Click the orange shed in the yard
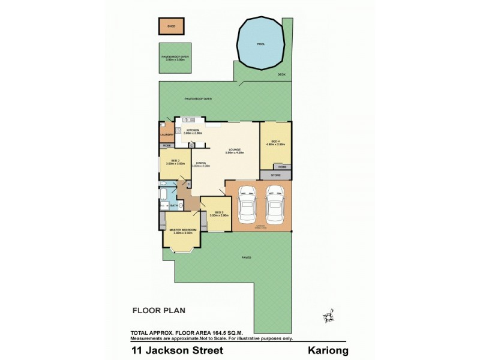(171, 26)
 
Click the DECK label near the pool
(281, 74)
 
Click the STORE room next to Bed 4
(275, 176)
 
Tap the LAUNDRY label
(167, 135)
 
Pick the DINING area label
(200, 163)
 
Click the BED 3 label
(219, 213)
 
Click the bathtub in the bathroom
(163, 194)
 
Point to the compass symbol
(327, 316)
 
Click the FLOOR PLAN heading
(158, 311)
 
